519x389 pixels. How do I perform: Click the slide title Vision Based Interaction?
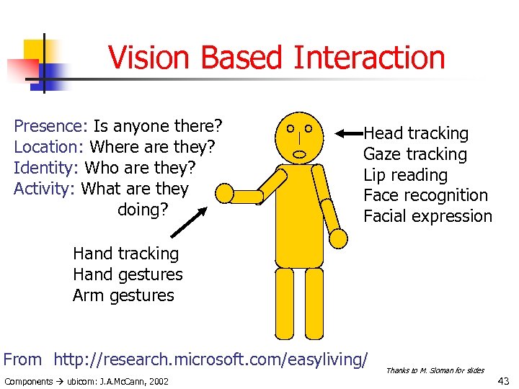coord(276,58)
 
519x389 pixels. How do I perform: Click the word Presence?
coord(50,127)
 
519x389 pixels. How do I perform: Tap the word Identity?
coord(46,169)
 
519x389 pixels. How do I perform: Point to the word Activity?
coord(45,189)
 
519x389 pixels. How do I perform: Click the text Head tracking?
coord(415,134)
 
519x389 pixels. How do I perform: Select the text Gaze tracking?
coord(414,154)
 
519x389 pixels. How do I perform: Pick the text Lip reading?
coord(405,175)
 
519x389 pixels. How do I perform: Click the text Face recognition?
coord(425,195)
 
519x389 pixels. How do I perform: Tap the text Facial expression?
coord(427,216)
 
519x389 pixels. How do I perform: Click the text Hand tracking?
coord(125,254)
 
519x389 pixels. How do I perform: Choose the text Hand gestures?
coord(128,274)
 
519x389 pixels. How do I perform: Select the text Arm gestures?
coord(123,295)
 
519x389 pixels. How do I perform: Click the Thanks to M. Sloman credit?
coord(435,370)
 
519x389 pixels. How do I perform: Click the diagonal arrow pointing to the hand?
coord(189,223)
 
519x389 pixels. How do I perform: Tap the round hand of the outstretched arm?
coord(226,193)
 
